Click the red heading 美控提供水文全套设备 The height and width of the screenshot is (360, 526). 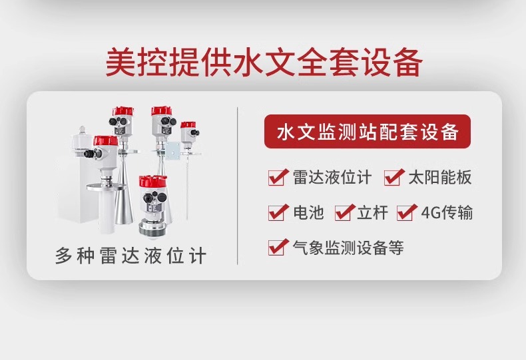(x=264, y=63)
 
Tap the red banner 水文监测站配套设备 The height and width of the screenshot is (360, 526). (x=368, y=131)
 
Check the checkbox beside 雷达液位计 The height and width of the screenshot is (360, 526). (x=278, y=177)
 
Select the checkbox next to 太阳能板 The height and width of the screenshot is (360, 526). (x=394, y=177)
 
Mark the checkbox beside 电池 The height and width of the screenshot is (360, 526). (x=278, y=212)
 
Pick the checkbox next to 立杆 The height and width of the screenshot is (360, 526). (x=345, y=212)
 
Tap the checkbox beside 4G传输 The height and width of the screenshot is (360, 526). (x=407, y=212)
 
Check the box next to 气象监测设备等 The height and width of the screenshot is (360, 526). (x=278, y=247)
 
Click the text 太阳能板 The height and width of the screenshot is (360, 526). (x=440, y=177)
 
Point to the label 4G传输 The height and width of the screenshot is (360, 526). (x=447, y=212)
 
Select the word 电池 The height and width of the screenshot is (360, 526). (x=308, y=212)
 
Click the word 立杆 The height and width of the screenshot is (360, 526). (x=372, y=212)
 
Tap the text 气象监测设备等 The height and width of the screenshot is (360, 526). (x=348, y=248)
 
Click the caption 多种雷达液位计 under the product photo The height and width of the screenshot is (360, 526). (x=131, y=256)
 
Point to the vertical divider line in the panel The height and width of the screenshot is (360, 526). (x=238, y=186)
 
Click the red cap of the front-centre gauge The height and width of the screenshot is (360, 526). (x=153, y=182)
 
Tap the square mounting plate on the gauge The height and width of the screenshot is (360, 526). (x=172, y=150)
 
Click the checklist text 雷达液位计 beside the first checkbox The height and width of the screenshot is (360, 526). (x=332, y=177)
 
